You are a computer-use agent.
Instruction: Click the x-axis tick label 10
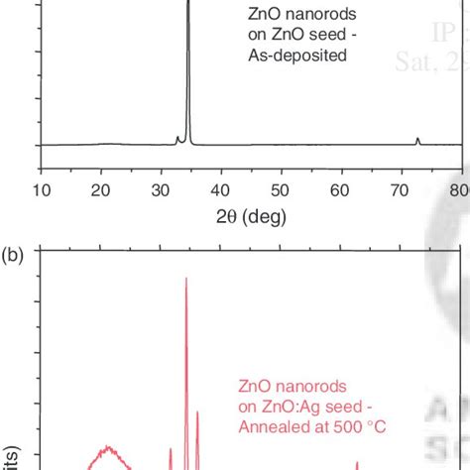coord(42,190)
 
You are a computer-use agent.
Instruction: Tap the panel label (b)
coord(16,255)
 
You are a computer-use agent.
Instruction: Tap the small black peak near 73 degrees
coord(417,140)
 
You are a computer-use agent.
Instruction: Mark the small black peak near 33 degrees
coord(178,139)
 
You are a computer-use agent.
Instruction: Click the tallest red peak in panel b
coord(186,281)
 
